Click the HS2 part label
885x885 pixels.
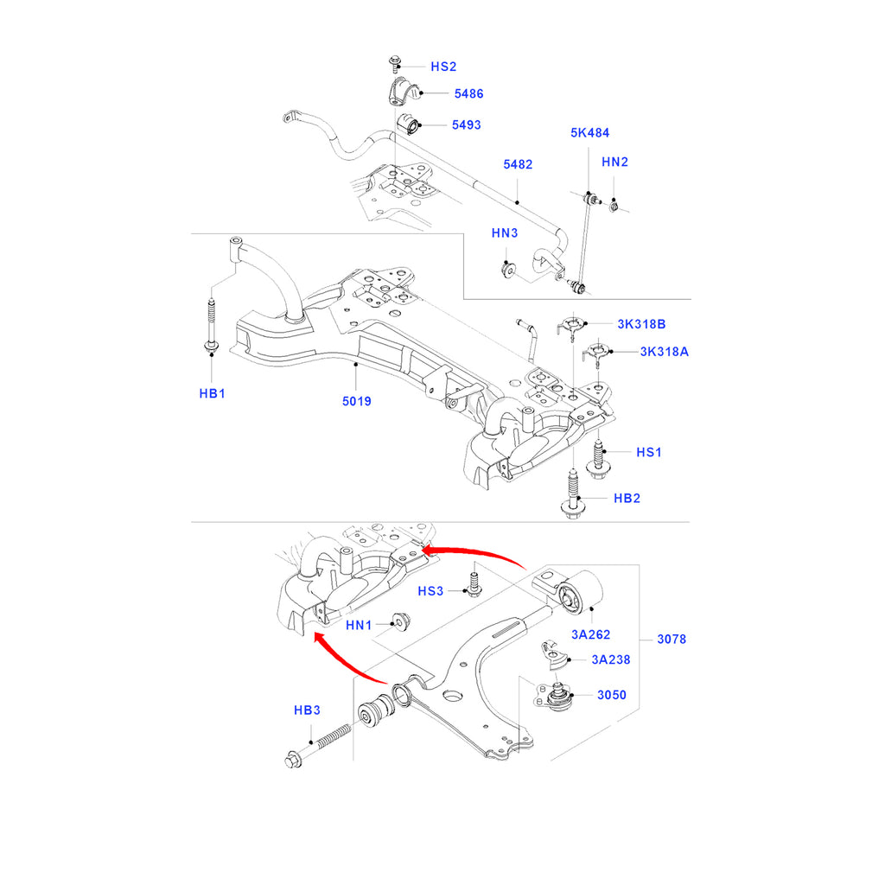click(443, 67)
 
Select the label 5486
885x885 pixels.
click(468, 92)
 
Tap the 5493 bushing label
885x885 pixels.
click(466, 124)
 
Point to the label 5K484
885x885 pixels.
click(589, 133)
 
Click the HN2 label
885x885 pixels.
click(614, 162)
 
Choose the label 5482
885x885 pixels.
click(519, 164)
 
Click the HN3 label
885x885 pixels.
click(504, 233)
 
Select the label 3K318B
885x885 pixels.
click(640, 324)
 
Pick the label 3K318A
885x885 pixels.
click(664, 352)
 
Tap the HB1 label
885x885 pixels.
click(212, 393)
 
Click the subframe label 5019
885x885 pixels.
click(356, 401)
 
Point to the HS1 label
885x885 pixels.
click(649, 452)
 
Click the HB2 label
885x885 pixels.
click(627, 499)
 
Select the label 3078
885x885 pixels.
click(672, 640)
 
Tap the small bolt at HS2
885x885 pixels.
click(395, 62)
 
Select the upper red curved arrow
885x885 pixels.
click(475, 552)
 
